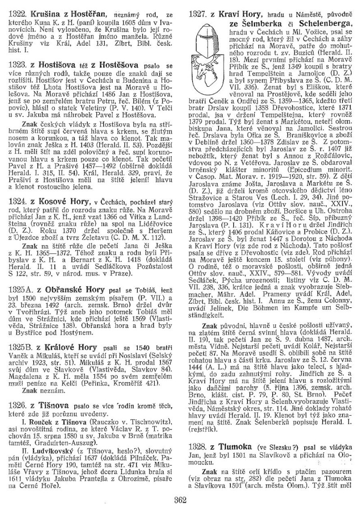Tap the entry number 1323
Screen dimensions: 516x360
tap(17, 65)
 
